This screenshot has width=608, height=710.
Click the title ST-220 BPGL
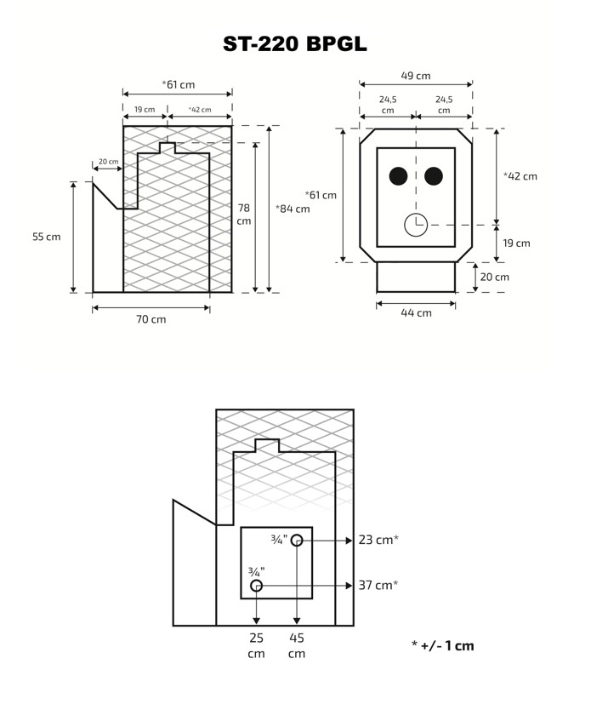click(295, 43)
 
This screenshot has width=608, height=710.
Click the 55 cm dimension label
click(47, 237)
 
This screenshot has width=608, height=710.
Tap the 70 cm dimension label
click(151, 319)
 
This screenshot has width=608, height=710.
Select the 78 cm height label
click(244, 214)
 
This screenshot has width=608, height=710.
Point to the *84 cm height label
click(293, 209)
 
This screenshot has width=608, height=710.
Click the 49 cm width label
click(416, 76)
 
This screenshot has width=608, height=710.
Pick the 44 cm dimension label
click(416, 312)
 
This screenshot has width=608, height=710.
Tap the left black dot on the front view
click(397, 176)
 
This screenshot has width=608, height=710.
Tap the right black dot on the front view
click(434, 176)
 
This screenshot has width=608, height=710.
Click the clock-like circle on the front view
click(415, 225)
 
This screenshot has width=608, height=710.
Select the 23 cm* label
click(379, 540)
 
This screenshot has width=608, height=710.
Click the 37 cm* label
click(379, 585)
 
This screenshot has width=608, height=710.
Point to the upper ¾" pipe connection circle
click(296, 540)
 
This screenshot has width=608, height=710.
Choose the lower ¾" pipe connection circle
click(256, 586)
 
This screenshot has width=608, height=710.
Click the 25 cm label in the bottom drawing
click(256, 645)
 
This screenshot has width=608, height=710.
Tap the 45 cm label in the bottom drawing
click(296, 645)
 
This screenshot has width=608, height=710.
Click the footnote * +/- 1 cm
click(442, 645)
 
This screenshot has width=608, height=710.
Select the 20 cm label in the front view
click(494, 277)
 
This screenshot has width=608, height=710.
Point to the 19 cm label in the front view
click(516, 243)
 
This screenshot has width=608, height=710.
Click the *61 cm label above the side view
click(178, 84)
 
